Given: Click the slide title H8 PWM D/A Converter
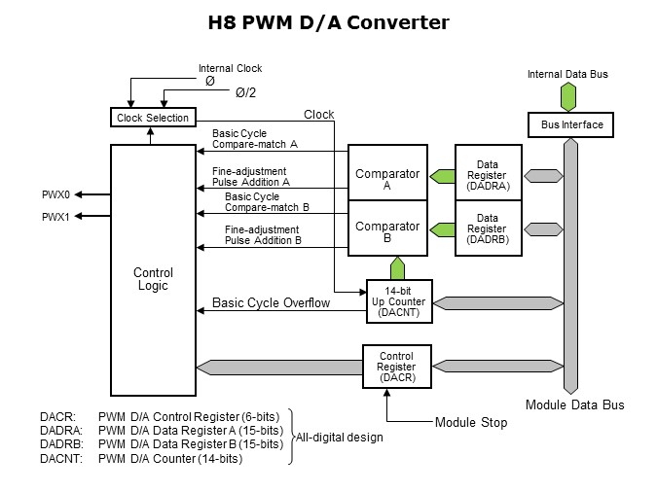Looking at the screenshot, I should pos(328,22).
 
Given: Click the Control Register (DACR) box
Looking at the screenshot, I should pos(396,366).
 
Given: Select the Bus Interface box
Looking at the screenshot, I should pos(571,124).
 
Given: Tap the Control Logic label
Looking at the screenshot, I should pos(152,279).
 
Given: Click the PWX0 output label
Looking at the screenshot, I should pos(54,194).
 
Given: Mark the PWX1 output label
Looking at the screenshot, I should pos(54,217).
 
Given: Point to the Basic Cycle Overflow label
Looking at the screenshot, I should pos(271,303).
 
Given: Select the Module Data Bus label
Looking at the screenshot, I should pos(574,404).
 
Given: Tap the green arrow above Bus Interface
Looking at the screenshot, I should pos(568,96).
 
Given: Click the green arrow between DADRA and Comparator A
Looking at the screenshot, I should pos(442,176).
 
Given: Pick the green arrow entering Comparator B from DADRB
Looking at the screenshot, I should pos(442,229).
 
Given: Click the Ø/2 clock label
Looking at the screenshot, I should pos(246,92).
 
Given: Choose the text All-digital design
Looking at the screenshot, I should pos(340,438).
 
